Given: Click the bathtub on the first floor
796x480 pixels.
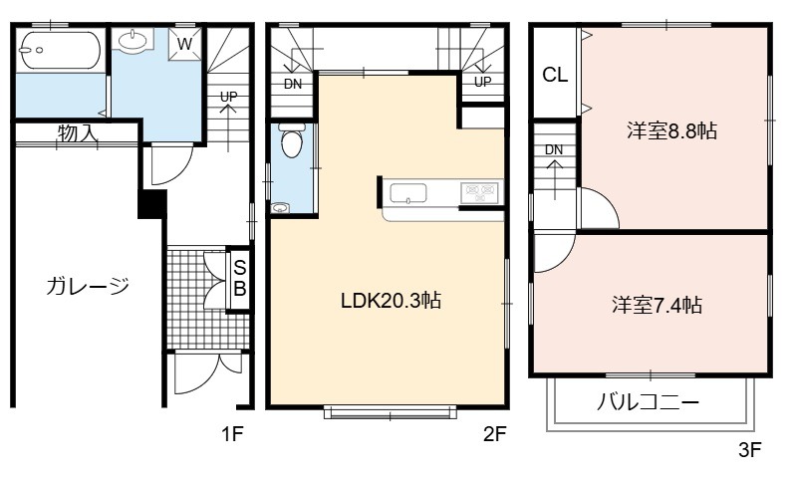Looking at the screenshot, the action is click(x=60, y=50).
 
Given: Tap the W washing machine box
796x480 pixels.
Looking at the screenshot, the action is click(x=184, y=44).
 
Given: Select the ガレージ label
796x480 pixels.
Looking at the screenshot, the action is click(x=88, y=286).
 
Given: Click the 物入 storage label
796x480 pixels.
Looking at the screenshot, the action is click(x=77, y=132).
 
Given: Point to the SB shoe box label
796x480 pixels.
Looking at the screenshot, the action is click(x=240, y=278).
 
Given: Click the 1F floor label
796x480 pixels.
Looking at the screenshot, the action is click(x=232, y=434).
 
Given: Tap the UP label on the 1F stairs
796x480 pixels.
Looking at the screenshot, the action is click(x=228, y=97).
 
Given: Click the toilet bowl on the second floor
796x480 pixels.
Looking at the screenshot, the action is click(x=292, y=140).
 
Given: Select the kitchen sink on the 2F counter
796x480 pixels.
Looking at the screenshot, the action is click(x=408, y=193).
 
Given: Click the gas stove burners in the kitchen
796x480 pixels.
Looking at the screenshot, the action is click(x=480, y=192).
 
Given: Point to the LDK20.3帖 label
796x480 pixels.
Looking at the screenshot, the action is click(x=391, y=301).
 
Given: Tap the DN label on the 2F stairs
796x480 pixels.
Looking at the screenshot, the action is click(x=293, y=85).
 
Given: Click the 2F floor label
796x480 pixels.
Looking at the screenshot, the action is click(x=494, y=434).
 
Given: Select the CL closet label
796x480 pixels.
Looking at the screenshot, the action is click(x=555, y=75).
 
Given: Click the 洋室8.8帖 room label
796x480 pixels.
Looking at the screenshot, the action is click(x=672, y=130).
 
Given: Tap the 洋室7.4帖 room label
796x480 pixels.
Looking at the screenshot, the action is click(x=657, y=305).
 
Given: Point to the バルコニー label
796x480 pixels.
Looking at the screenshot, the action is click(x=649, y=402).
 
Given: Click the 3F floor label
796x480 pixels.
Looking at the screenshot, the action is click(x=750, y=449).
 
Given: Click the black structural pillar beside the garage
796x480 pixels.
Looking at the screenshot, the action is click(x=152, y=204).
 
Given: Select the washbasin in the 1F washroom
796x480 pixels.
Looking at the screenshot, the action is click(x=133, y=39).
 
